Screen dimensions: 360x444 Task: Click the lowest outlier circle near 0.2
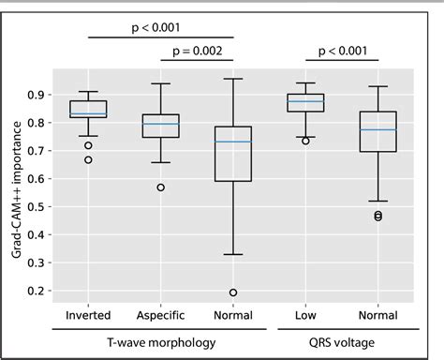[x=233, y=292]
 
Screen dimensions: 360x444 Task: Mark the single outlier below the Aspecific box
[x=161, y=187]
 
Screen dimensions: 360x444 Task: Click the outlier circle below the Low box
[x=306, y=141]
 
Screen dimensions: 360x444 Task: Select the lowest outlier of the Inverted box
[x=88, y=159]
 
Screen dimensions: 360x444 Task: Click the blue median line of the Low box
[x=306, y=101]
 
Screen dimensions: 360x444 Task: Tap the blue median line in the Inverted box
[x=88, y=113]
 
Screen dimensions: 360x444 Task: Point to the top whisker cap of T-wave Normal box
[x=233, y=79]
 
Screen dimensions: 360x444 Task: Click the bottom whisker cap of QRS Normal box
[x=378, y=201]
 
